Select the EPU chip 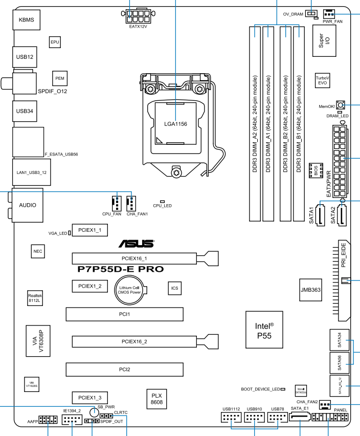[56, 42]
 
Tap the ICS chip [175, 288]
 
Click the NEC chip [37, 252]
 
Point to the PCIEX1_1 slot [89, 231]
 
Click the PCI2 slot [124, 368]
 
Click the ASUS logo [136, 244]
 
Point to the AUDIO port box [27, 206]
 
